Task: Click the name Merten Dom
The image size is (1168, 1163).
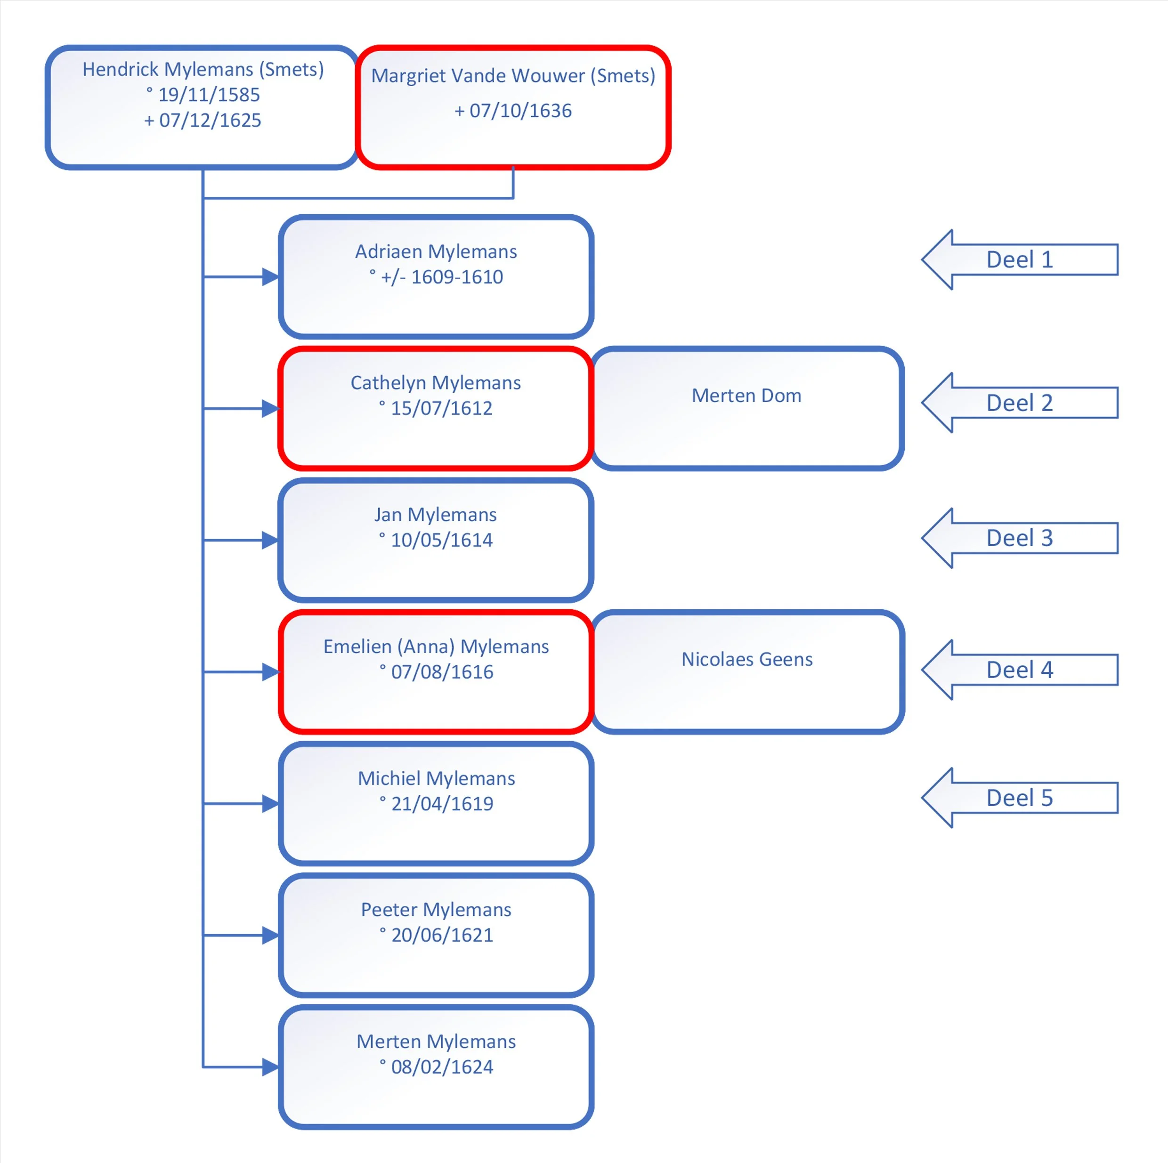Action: pyautogui.click(x=746, y=396)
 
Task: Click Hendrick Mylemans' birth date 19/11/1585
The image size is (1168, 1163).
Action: pyautogui.click(x=209, y=95)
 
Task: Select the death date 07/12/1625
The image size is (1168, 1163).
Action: pyautogui.click(x=211, y=120)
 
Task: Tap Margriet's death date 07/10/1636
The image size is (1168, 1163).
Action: pyautogui.click(x=520, y=111)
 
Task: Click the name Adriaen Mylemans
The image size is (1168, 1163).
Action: pyautogui.click(x=436, y=251)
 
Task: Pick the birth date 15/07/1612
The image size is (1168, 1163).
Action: pyautogui.click(x=441, y=408)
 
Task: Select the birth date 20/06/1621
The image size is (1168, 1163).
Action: pyautogui.click(x=442, y=935)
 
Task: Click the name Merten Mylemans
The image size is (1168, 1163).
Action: pyautogui.click(x=436, y=1042)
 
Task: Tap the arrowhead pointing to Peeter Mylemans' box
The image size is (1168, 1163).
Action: pyautogui.click(x=271, y=935)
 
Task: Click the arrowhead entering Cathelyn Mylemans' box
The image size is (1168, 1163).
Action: pyautogui.click(x=271, y=409)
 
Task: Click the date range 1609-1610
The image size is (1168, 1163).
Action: pyautogui.click(x=457, y=277)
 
